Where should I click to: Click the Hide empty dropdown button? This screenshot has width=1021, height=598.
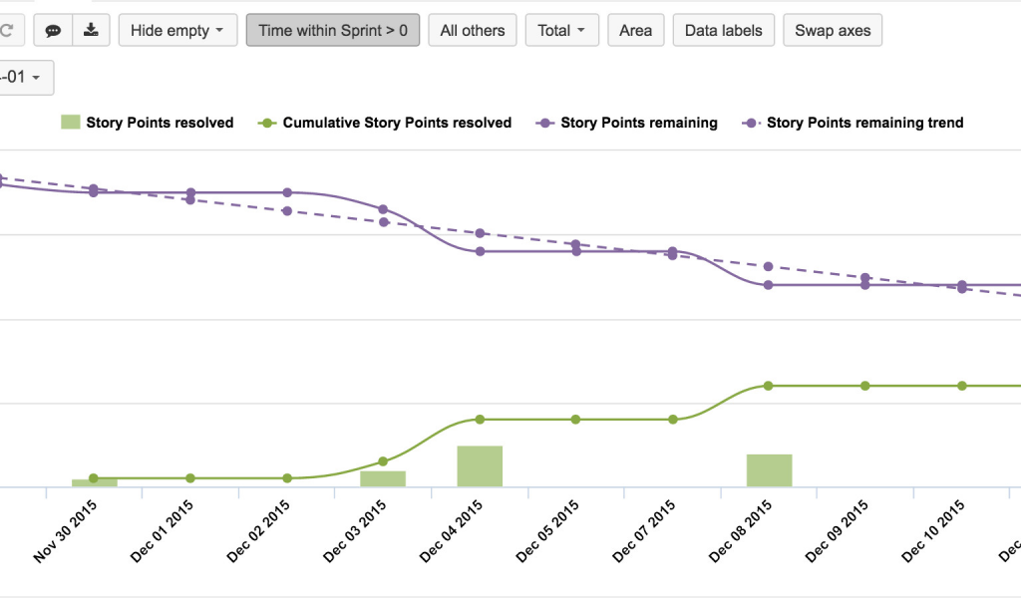coord(177,30)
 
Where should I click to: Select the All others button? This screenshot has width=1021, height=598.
coord(473,30)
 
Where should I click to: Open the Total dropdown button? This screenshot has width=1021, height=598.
coord(561,30)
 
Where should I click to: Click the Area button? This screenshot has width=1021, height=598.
coord(635,30)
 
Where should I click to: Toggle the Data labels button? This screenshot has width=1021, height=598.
coord(724,30)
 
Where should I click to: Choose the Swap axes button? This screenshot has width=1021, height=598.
coord(833,30)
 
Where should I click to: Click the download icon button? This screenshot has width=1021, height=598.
coord(91,30)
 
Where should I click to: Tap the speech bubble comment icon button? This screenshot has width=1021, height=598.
coord(53,30)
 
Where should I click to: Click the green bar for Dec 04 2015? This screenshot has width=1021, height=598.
coord(480,466)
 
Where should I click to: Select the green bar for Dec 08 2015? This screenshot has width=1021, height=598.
coord(769,470)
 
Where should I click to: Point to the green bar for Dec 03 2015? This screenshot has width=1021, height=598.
coord(383,478)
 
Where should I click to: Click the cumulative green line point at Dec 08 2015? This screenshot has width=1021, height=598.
coord(769,386)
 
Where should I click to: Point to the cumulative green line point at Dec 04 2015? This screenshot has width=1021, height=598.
coord(480,420)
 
